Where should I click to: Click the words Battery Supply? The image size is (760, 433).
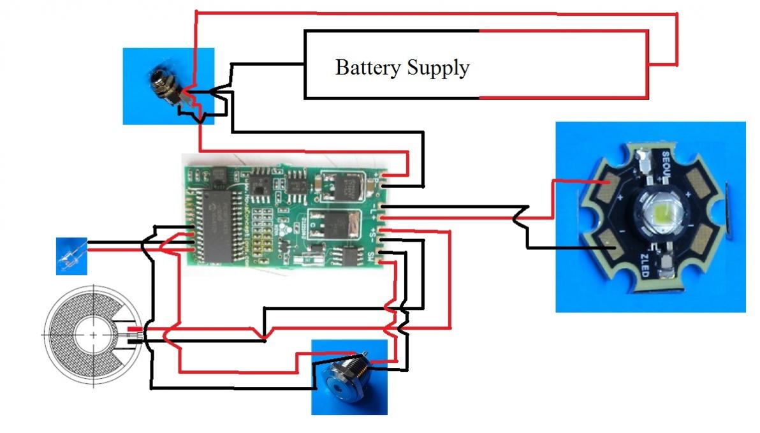click(402, 67)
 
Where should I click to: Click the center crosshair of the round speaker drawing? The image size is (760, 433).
click(93, 334)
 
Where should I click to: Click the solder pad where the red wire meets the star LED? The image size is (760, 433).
click(602, 186)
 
